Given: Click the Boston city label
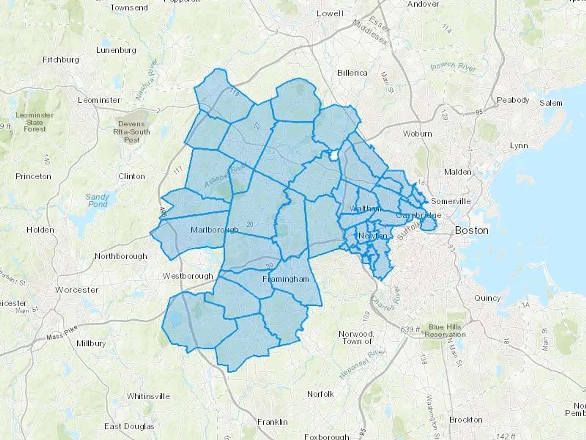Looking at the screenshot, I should click(471, 230).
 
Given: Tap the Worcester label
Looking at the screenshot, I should click(77, 290).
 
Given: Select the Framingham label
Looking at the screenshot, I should click(286, 279).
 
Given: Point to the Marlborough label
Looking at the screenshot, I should click(214, 230).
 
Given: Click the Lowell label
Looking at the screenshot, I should click(330, 13).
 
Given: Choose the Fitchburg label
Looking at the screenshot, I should click(61, 60).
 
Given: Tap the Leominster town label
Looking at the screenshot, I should click(99, 100).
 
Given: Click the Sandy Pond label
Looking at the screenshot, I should click(97, 200).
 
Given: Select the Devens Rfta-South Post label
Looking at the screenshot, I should click(132, 132).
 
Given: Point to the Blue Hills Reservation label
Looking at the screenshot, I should click(445, 330).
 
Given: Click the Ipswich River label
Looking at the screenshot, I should click(453, 67).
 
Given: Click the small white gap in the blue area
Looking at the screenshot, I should click(333, 155).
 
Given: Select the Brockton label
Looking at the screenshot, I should click(466, 420).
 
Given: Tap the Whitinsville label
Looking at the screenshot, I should click(148, 396).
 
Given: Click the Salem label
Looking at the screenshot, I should click(551, 103).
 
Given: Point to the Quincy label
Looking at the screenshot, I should click(487, 298).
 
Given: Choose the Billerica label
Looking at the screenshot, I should click(352, 73).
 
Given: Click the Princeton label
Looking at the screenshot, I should click(33, 176).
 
